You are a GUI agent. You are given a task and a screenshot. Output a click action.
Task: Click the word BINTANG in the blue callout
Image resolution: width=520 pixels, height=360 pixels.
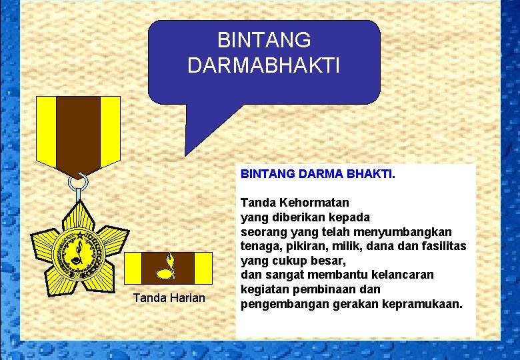pos(264,41)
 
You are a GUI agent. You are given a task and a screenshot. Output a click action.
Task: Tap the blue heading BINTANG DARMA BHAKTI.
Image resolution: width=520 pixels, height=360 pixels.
pos(317,174)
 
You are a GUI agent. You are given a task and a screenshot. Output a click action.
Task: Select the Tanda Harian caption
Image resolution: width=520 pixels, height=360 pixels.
pos(169,297)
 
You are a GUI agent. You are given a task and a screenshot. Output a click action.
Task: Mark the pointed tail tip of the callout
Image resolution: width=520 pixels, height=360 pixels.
pos(185,155)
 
